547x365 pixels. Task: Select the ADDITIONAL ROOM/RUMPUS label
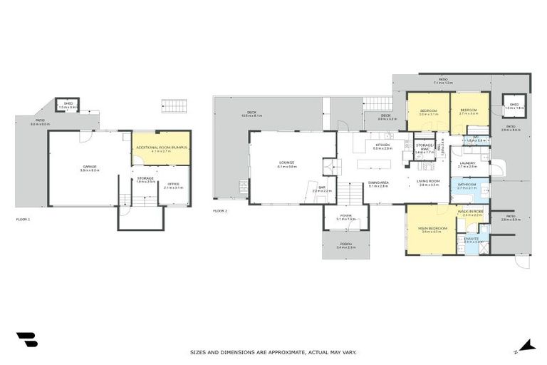pyautogui.click(x=160, y=148)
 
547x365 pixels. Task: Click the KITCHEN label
pyautogui.click(x=383, y=146)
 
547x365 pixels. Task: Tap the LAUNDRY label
pyautogui.click(x=467, y=164)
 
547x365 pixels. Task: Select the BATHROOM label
pyautogui.click(x=467, y=185)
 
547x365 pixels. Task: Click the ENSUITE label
pyautogui.click(x=472, y=240)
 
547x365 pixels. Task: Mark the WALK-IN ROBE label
pyautogui.click(x=472, y=212)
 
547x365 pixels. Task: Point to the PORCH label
pyautogui.click(x=345, y=245)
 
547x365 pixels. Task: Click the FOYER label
pyautogui.click(x=345, y=217)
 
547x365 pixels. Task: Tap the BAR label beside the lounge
pyautogui.click(x=322, y=189)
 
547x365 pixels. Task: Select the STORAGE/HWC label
pyautogui.click(x=424, y=148)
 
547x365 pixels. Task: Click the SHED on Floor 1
pyautogui.click(x=68, y=104)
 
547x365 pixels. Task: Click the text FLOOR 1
pyautogui.click(x=23, y=219)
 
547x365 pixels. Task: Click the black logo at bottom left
pyautogui.click(x=27, y=341)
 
